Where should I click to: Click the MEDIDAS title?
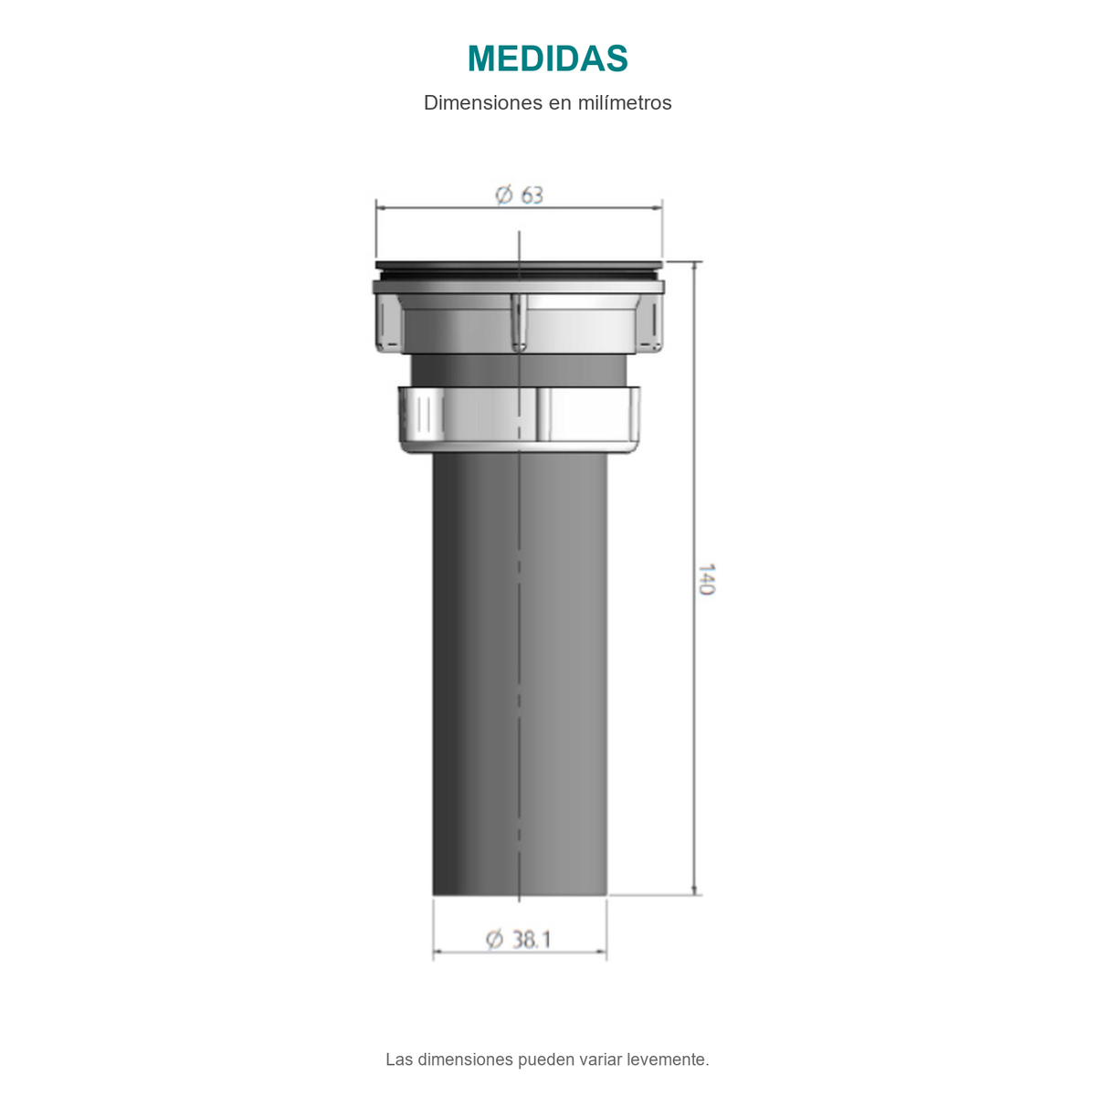pos(547,58)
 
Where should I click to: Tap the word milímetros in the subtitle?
pos(625,103)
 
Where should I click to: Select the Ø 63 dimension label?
pos(519,195)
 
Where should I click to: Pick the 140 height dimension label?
pos(705,579)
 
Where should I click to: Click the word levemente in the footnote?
pos(668,1059)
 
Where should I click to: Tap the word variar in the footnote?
pos(601,1059)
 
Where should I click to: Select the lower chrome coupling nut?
pos(520,420)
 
